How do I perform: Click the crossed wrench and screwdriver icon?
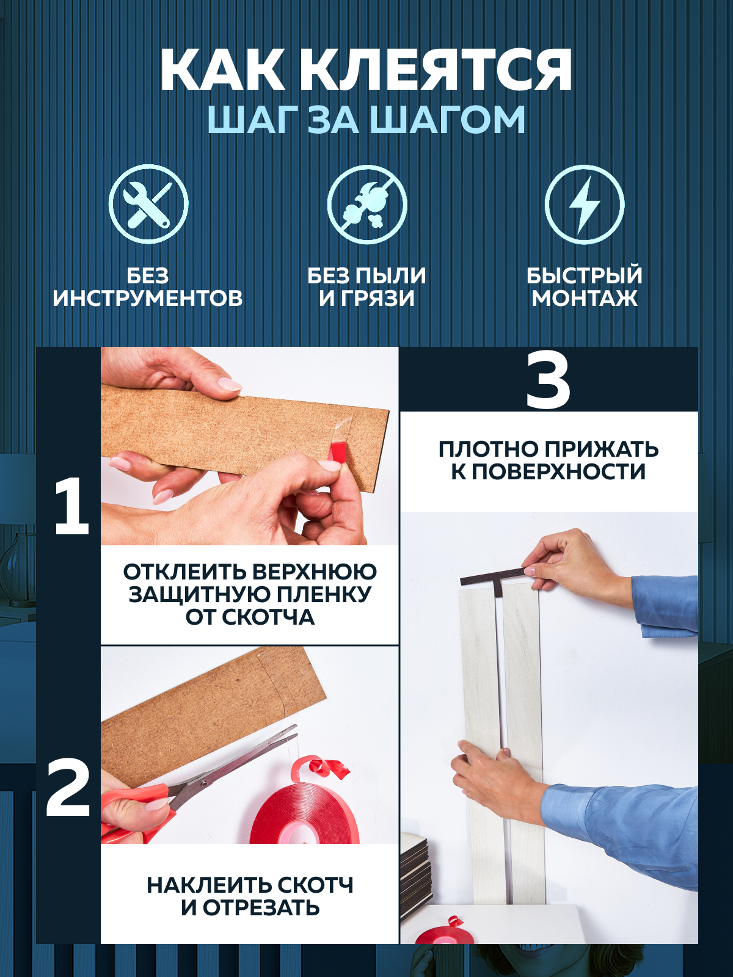(x=148, y=204)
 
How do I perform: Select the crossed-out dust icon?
(x=366, y=204)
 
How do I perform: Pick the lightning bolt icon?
(x=584, y=204)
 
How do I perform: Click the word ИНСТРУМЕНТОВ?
(x=148, y=299)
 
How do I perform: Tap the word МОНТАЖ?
(x=585, y=299)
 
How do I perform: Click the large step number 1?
(x=70, y=507)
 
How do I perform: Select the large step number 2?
(x=68, y=788)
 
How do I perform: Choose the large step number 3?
(x=548, y=382)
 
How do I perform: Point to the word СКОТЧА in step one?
(x=269, y=617)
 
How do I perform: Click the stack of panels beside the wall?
(x=415, y=879)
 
